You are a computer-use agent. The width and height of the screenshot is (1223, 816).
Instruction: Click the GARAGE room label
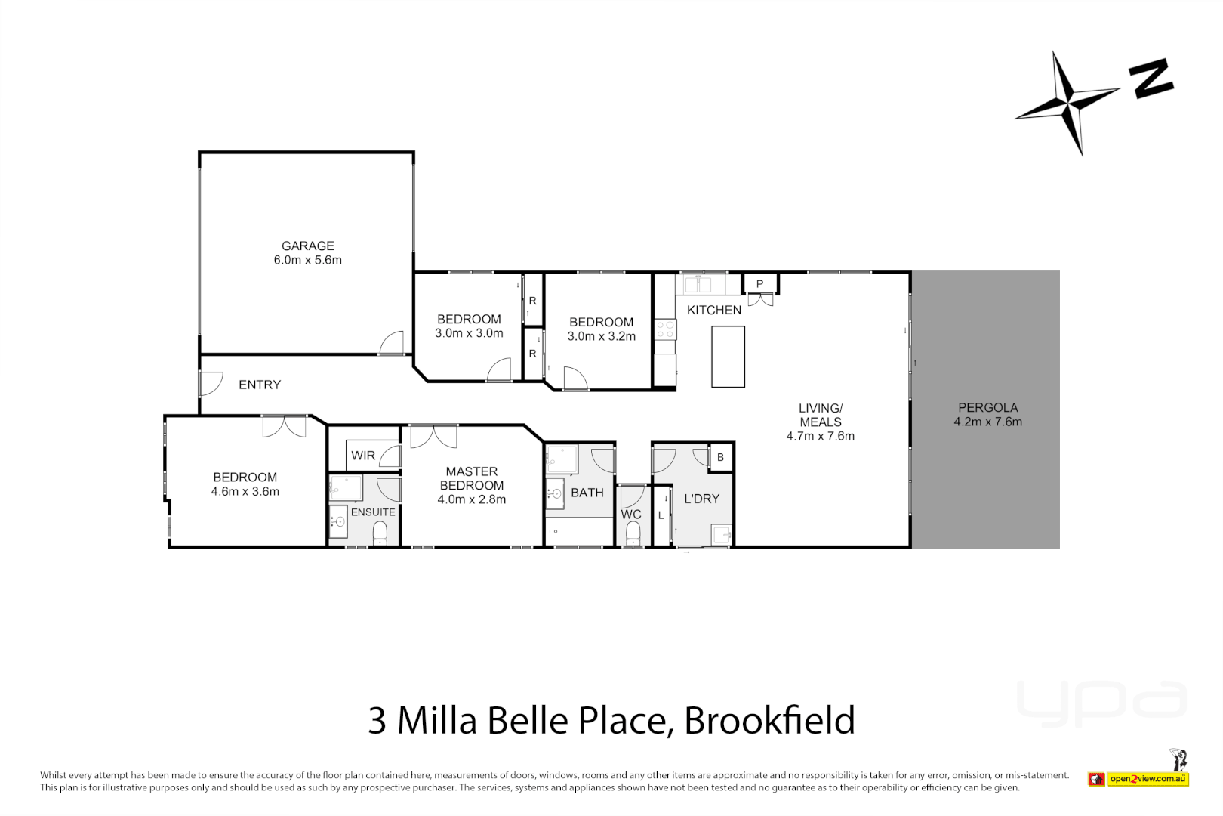(307, 246)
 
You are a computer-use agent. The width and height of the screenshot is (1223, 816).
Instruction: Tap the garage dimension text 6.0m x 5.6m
(307, 260)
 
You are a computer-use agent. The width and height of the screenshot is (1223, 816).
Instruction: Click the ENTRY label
(260, 385)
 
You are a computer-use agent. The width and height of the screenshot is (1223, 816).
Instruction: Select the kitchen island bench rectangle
(728, 357)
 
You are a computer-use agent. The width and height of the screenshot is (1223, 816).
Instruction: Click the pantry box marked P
(759, 284)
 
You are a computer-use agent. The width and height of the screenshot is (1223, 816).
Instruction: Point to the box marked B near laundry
(720, 457)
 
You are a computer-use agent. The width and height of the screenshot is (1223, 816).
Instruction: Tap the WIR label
(363, 456)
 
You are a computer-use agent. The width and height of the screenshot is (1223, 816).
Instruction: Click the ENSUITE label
(373, 512)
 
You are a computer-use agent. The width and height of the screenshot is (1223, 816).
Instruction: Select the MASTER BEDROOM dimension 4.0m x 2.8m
(472, 499)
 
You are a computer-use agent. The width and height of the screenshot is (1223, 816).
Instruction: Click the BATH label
(587, 493)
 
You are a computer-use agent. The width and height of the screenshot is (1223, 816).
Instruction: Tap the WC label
(631, 515)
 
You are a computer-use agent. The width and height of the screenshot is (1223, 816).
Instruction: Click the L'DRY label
(701, 499)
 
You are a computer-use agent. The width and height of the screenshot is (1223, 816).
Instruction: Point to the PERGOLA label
(987, 407)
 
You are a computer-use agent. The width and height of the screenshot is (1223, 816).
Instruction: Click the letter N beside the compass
(1151, 79)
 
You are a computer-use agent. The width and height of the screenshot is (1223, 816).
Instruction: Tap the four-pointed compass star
(1069, 101)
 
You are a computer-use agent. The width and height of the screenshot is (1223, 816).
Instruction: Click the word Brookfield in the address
(769, 720)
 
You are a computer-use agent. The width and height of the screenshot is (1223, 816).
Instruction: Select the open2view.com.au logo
(1139, 778)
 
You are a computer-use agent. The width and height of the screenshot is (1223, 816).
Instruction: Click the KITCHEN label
(713, 310)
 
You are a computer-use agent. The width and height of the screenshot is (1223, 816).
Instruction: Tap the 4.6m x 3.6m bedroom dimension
(245, 492)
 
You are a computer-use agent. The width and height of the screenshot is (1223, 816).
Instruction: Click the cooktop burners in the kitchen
(665, 329)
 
